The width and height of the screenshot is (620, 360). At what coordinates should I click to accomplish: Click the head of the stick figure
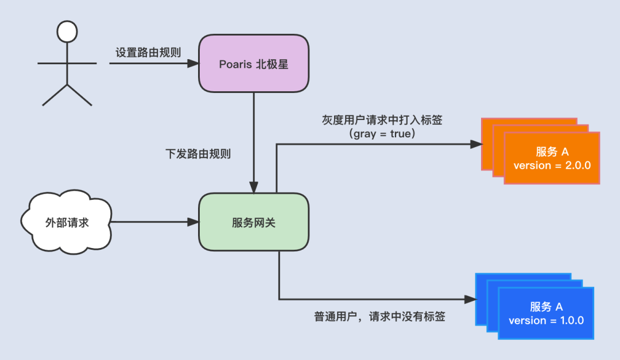pyautogui.click(x=67, y=32)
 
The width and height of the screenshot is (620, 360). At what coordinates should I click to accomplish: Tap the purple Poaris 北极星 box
pyautogui.click(x=253, y=63)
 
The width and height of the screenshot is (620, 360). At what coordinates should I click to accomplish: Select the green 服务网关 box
pyautogui.click(x=253, y=222)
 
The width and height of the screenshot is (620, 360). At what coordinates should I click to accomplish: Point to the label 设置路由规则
pyautogui.click(x=148, y=52)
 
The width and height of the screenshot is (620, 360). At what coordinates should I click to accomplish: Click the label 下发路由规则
pyautogui.click(x=198, y=154)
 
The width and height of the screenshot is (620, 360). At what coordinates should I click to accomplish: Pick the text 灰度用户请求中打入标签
pyautogui.click(x=382, y=121)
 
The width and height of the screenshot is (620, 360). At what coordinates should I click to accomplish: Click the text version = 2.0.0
pyautogui.click(x=552, y=165)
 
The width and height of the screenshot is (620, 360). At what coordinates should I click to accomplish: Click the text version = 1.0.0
pyautogui.click(x=546, y=320)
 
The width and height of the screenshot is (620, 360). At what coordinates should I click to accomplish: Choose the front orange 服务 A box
pyautogui.click(x=552, y=158)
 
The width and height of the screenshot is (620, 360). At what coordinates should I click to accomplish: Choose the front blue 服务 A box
pyautogui.click(x=546, y=313)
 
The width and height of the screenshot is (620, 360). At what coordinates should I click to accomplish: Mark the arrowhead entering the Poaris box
pyautogui.click(x=193, y=63)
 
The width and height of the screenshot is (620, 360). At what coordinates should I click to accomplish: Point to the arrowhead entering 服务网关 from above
pyautogui.click(x=253, y=188)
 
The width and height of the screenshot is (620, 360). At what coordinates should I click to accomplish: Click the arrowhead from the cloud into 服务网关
pyautogui.click(x=193, y=222)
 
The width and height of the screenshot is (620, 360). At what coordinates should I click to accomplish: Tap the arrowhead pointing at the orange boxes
pyautogui.click(x=476, y=144)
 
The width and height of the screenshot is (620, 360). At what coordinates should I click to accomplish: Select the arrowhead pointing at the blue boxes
pyautogui.click(x=470, y=299)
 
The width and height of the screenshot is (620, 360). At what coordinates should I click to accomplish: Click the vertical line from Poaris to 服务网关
pyautogui.click(x=253, y=138)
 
